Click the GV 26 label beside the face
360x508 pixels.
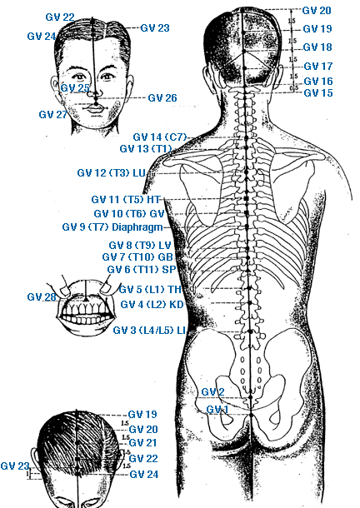click(x=162, y=97)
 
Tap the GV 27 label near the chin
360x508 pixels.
click(x=52, y=114)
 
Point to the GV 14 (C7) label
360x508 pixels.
click(x=160, y=137)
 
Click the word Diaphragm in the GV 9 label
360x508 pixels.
click(x=137, y=227)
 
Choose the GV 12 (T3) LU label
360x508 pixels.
click(x=111, y=172)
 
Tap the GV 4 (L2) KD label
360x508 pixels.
click(x=152, y=305)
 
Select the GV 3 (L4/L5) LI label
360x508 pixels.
click(x=149, y=331)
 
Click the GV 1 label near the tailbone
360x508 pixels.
click(x=217, y=410)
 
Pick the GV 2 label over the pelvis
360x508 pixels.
click(x=212, y=392)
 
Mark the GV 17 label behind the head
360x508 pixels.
click(x=318, y=67)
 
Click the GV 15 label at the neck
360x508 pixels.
click(x=318, y=93)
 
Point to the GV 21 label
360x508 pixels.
click(x=143, y=442)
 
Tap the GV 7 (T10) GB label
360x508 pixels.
click(x=137, y=257)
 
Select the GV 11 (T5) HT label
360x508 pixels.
click(x=126, y=199)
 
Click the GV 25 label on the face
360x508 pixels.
click(x=75, y=87)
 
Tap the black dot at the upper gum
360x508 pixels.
click(x=85, y=300)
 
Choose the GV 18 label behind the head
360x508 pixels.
click(x=317, y=47)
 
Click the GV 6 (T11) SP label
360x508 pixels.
click(x=142, y=270)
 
